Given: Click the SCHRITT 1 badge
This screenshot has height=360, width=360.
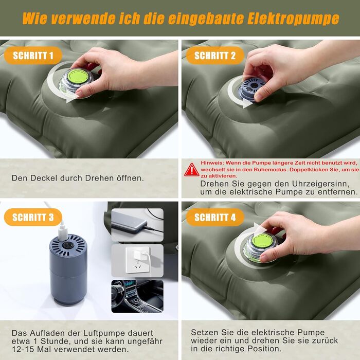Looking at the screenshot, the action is [x=33, y=56].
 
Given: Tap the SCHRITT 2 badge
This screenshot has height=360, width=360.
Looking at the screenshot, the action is [x=215, y=56].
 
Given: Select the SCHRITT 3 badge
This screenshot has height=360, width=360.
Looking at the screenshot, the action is [x=33, y=217].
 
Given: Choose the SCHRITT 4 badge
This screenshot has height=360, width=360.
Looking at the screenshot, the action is [x=215, y=217].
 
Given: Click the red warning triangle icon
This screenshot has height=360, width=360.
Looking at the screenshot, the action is [x=191, y=170].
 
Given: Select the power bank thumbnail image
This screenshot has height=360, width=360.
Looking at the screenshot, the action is [x=137, y=225].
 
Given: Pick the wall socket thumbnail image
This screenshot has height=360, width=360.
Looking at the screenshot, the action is [x=137, y=261].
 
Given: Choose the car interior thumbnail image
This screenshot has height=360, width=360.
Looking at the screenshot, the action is [x=137, y=296].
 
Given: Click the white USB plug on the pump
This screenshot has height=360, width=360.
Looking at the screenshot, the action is [x=63, y=231].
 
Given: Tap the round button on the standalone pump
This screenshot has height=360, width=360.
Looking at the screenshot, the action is [x=68, y=245].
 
